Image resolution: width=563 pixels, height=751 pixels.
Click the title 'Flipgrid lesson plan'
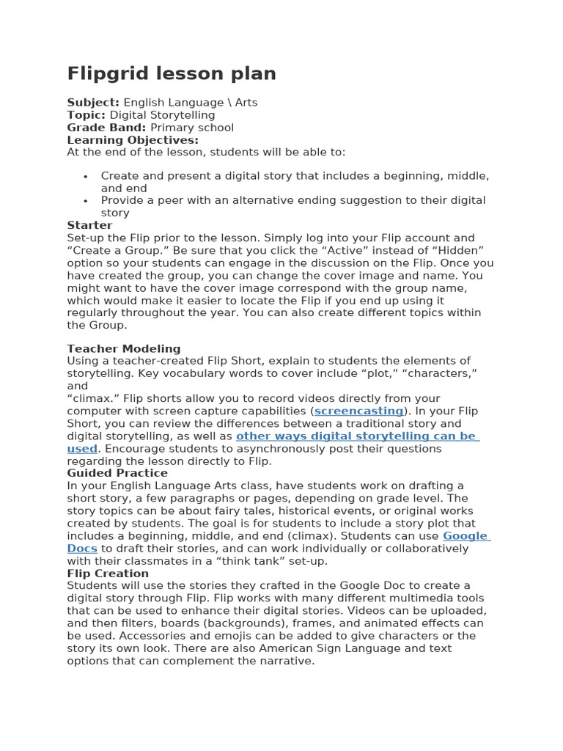click(x=172, y=73)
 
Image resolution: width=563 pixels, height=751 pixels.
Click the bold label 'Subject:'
click(x=93, y=103)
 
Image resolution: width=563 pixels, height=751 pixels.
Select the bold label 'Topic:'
click(x=87, y=115)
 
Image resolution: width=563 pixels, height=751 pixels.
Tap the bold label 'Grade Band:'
click(x=107, y=128)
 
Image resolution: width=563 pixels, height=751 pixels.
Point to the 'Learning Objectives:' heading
click(x=133, y=140)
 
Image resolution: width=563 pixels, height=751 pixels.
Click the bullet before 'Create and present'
click(x=86, y=177)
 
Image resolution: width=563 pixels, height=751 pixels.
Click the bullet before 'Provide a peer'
click(x=86, y=202)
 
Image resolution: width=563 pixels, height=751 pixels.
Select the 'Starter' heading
click(x=89, y=225)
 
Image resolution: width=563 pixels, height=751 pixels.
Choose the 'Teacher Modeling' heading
click(x=124, y=349)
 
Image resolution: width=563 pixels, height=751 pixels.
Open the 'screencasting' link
click(x=358, y=411)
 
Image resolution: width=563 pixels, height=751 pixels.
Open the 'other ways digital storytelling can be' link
click(x=356, y=436)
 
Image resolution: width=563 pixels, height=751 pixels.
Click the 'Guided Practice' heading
click(x=117, y=474)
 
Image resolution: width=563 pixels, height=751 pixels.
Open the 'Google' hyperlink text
click(x=466, y=536)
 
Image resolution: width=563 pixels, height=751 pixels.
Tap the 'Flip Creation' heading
click(x=108, y=574)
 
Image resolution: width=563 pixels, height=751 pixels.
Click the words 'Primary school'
click(x=192, y=128)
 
